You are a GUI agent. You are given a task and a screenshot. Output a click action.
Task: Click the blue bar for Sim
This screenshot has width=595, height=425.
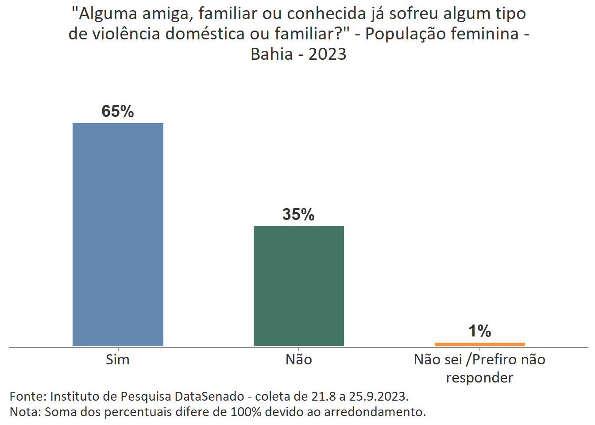118,234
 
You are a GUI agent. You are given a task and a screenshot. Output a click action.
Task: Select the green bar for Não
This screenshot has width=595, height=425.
298,286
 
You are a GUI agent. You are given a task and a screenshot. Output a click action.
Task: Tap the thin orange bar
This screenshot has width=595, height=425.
479,344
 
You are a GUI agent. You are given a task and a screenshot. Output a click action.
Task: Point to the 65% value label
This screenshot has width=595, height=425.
118,111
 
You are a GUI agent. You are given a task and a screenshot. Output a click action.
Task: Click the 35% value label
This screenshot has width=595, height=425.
298,214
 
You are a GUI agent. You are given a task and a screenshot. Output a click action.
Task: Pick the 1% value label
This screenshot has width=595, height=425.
479,331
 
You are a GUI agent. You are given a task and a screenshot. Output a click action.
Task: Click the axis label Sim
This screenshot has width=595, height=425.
118,359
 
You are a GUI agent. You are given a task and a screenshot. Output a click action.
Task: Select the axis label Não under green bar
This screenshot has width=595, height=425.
298,359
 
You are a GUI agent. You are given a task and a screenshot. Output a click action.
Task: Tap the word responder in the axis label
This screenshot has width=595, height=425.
479,378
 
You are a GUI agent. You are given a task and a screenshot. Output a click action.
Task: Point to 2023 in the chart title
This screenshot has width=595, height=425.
327,54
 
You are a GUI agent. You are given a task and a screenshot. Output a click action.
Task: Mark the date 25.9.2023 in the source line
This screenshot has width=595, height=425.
379,396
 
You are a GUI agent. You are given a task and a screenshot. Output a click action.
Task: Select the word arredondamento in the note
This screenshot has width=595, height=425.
375,412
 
